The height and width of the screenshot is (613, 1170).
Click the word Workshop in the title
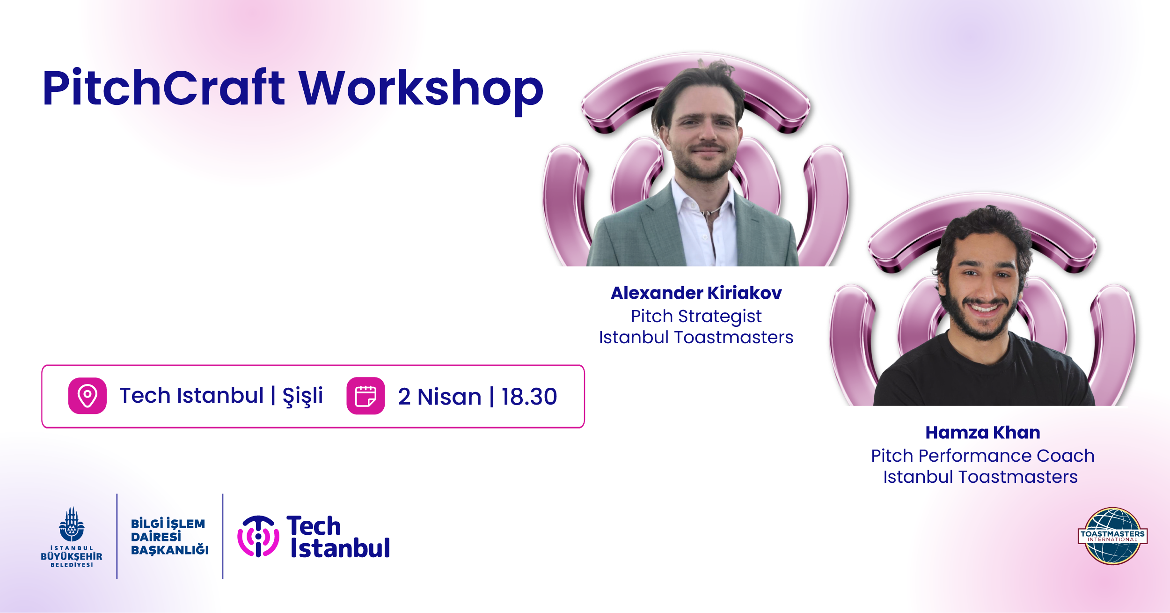click(x=421, y=92)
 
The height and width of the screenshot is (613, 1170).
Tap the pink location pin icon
click(x=88, y=396)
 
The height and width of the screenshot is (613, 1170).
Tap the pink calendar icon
click(x=366, y=396)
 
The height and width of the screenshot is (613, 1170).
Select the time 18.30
click(x=529, y=397)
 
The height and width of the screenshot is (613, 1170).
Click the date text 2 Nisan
click(x=439, y=397)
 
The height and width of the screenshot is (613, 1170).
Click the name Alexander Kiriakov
click(x=696, y=293)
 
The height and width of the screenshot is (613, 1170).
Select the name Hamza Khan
click(x=983, y=432)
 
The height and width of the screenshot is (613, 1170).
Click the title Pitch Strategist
click(x=696, y=317)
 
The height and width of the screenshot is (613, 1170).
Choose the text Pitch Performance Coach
click(x=983, y=456)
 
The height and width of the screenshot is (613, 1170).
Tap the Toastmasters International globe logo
click(x=1112, y=536)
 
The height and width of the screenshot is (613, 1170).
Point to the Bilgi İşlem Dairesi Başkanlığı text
click(x=169, y=536)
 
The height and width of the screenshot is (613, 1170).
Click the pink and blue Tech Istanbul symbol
click(x=258, y=536)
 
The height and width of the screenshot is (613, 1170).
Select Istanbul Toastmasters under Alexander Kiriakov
click(x=696, y=338)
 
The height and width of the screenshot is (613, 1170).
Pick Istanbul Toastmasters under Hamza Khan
click(x=980, y=477)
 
